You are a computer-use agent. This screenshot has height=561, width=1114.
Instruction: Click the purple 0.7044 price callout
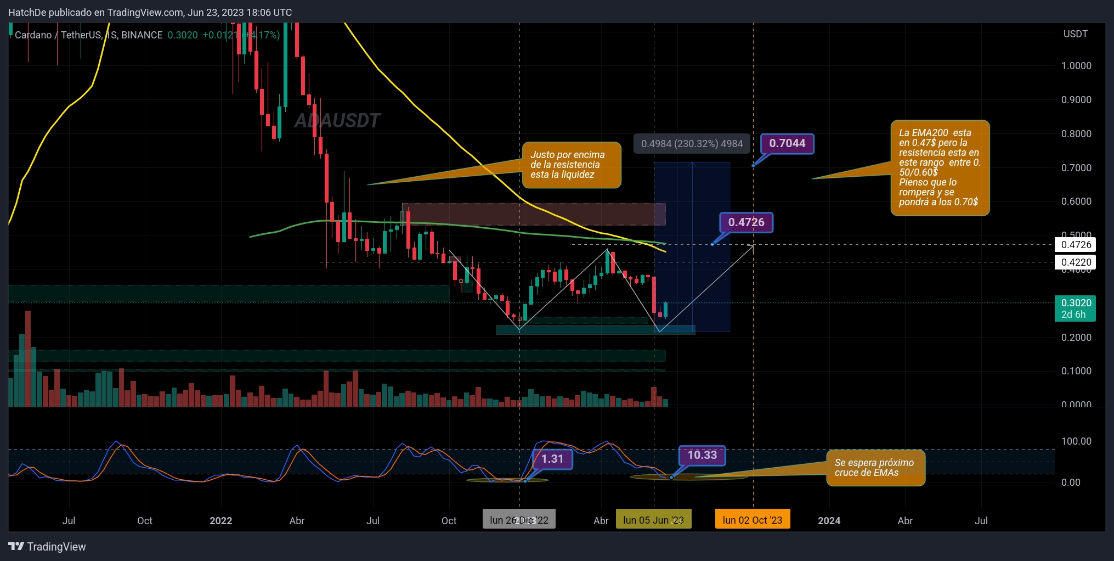pyautogui.click(x=787, y=144)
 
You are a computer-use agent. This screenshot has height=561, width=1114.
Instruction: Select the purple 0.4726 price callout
pyautogui.click(x=746, y=223)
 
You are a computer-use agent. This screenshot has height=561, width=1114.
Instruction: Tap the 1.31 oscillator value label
pyautogui.click(x=552, y=459)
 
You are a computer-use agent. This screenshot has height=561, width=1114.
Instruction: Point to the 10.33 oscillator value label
pyautogui.click(x=702, y=455)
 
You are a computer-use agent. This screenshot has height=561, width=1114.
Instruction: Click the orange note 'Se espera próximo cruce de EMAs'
pyautogui.click(x=875, y=468)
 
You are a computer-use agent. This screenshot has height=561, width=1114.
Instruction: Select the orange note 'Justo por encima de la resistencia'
pyautogui.click(x=571, y=165)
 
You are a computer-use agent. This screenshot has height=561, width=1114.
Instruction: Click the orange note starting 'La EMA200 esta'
pyautogui.click(x=940, y=167)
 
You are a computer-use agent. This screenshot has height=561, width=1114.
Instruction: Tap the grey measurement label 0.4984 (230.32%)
pyautogui.click(x=692, y=144)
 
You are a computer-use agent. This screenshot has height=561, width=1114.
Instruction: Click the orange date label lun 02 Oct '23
pyautogui.click(x=752, y=520)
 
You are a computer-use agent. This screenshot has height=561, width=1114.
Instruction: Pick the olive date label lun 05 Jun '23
pyautogui.click(x=653, y=520)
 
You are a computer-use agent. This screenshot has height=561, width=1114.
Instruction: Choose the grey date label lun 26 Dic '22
pyautogui.click(x=519, y=520)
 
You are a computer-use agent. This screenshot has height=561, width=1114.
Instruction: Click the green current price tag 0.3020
pyautogui.click(x=1075, y=308)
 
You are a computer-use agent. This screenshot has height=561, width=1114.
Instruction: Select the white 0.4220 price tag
pyautogui.click(x=1075, y=262)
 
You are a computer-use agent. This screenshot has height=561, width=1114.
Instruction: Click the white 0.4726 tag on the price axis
pyautogui.click(x=1075, y=245)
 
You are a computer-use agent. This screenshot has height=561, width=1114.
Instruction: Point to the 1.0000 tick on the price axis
pyautogui.click(x=1076, y=66)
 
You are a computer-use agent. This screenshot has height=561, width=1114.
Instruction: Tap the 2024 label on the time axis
pyautogui.click(x=829, y=520)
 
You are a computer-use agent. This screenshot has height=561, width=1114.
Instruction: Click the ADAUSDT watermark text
pyautogui.click(x=337, y=121)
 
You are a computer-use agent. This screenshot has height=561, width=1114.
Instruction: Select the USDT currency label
pyautogui.click(x=1075, y=34)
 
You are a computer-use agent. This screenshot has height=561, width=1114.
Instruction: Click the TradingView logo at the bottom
pyautogui.click(x=47, y=547)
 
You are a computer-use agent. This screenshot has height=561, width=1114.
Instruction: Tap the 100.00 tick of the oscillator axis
pyautogui.click(x=1076, y=441)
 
